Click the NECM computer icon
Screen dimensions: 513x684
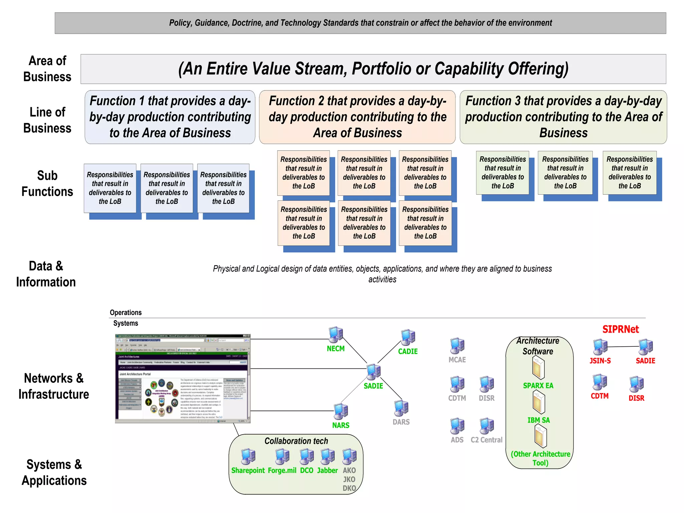tap(336, 335)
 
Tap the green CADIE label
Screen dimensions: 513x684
tap(408, 351)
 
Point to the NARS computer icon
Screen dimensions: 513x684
tap(341, 411)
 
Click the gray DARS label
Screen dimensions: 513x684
tap(401, 422)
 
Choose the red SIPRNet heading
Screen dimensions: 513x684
tap(620, 329)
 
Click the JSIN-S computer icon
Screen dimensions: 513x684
tap(600, 347)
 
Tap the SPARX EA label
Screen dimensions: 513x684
tap(538, 386)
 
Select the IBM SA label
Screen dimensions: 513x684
tap(538, 420)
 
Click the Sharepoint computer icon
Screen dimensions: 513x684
tap(248, 457)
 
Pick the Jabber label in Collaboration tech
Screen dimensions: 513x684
tap(327, 471)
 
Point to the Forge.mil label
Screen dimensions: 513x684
tap(282, 471)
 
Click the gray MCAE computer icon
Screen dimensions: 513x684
tap(457, 345)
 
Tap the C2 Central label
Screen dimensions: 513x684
tap(486, 440)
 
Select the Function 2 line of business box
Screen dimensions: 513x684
tap(357, 117)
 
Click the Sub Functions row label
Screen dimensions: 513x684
tap(47, 184)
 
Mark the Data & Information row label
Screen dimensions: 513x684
tap(46, 274)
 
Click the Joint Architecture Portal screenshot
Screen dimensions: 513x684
tap(182, 378)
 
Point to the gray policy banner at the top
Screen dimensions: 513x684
tap(360, 23)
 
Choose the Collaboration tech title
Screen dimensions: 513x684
tap(296, 441)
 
